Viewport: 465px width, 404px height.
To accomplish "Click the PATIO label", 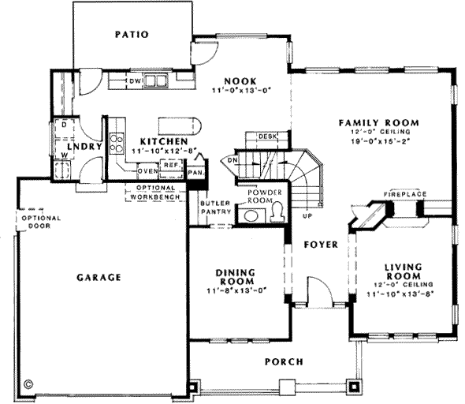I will [x=131, y=34].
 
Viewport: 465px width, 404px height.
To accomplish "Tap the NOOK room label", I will [x=236, y=80].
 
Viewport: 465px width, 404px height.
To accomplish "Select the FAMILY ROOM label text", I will [x=378, y=122].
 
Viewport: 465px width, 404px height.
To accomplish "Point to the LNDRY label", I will [x=80, y=147].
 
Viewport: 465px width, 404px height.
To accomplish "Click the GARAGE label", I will [x=99, y=277].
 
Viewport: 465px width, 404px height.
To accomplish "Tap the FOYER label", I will [x=321, y=245].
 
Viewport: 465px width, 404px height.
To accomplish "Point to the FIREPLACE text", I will [x=405, y=193].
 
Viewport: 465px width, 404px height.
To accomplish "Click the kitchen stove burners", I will [x=117, y=143].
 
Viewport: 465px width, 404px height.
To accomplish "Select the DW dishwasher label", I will [x=134, y=80].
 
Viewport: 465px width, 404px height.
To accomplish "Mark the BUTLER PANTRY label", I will [x=213, y=208].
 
